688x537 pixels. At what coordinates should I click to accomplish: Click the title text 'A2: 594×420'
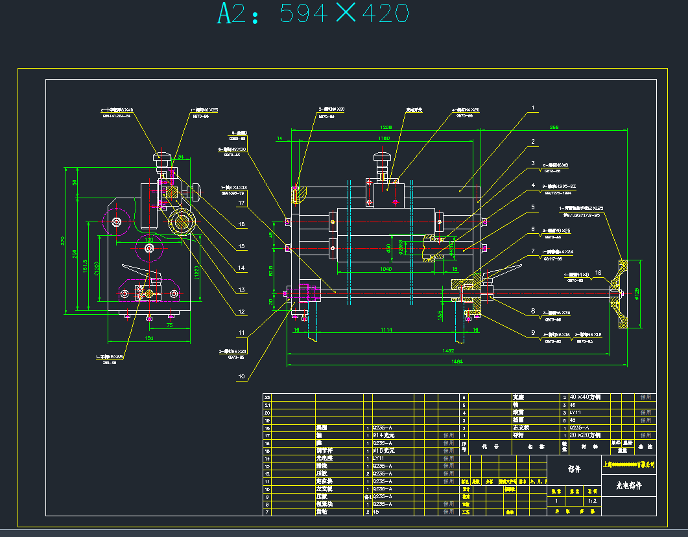[313, 14]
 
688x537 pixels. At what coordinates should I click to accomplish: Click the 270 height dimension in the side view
[63, 240]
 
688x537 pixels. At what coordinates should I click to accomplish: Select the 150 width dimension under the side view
[149, 338]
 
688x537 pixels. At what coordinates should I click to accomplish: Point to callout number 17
[241, 203]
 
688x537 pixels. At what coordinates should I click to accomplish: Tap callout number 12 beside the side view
[241, 312]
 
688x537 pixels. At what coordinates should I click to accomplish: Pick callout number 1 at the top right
[533, 108]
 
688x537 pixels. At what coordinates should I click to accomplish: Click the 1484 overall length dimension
[457, 362]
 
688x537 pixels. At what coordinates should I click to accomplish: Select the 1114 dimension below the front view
[386, 330]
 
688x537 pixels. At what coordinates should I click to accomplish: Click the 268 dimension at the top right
[553, 128]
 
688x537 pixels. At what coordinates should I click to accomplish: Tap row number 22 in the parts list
[267, 396]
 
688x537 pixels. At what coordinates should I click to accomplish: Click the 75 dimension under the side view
[169, 326]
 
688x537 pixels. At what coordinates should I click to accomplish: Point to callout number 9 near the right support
[533, 333]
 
